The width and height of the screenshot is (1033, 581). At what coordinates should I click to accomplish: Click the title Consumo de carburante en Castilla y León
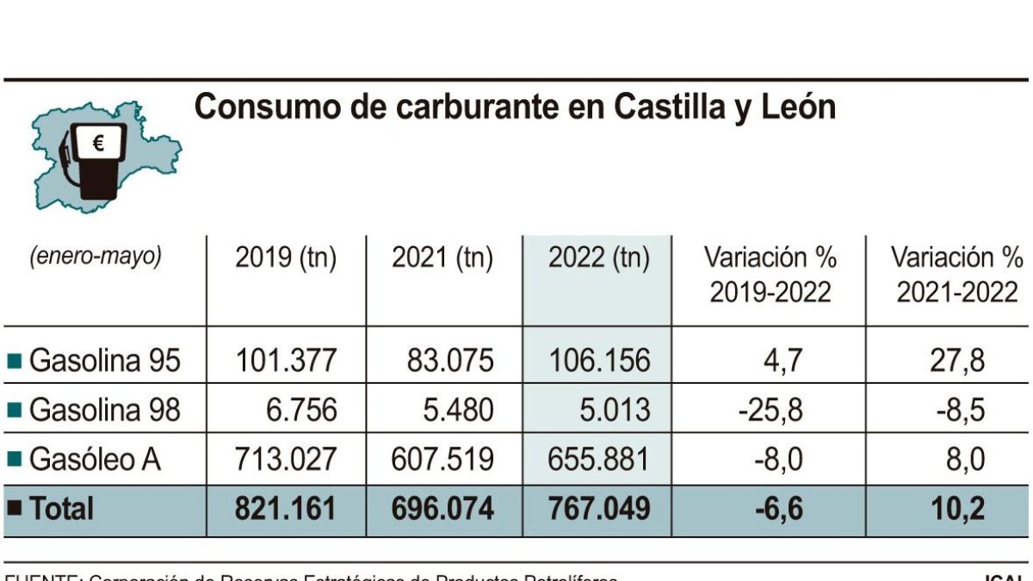click(515, 108)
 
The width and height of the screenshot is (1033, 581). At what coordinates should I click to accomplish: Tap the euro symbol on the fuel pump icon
click(97, 144)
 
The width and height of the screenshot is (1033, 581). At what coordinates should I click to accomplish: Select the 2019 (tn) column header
click(286, 258)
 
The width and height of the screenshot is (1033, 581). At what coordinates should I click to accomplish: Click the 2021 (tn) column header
click(442, 258)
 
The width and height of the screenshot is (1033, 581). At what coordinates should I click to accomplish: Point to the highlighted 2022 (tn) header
click(598, 258)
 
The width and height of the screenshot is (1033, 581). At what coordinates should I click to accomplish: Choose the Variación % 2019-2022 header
click(770, 275)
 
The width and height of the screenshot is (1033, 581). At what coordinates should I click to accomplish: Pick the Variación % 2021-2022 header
click(956, 275)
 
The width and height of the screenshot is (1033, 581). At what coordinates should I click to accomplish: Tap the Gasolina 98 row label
click(104, 411)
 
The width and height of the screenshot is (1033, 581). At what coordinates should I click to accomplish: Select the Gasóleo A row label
click(95, 460)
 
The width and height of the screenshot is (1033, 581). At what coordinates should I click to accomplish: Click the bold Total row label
click(61, 510)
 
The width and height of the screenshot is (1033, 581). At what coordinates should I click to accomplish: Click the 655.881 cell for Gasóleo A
click(598, 460)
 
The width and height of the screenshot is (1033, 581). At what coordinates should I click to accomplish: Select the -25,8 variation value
click(770, 411)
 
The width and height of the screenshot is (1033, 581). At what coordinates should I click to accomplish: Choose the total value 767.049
click(598, 510)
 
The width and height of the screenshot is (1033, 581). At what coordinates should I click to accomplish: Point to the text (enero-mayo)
click(95, 257)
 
